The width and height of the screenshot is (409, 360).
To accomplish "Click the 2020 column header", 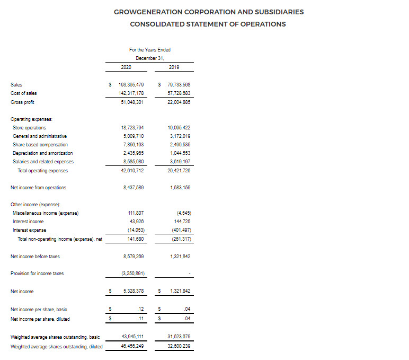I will tap(126, 67).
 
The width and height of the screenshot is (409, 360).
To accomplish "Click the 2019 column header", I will tap(174, 67).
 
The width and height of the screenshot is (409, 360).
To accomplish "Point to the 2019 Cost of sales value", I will tap(179, 93).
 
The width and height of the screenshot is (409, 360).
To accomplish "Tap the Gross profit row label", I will tap(22, 102).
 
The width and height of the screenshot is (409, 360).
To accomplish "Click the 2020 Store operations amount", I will tap(132, 128).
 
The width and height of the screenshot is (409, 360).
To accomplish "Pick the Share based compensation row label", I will tap(40, 145).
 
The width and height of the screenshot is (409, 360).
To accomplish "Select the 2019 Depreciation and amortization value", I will tap(180, 153).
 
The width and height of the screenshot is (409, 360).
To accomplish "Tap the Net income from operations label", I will tap(38, 187).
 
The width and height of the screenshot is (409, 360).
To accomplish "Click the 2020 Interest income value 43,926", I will tap(136, 221).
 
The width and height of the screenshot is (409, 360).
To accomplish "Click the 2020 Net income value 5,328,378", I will tap(132, 291).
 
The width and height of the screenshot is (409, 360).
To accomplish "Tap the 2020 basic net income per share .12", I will tap(140, 309).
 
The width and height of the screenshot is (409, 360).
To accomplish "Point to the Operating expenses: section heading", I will tap(31, 119).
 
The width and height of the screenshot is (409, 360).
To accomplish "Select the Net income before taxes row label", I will tap(35, 257).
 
